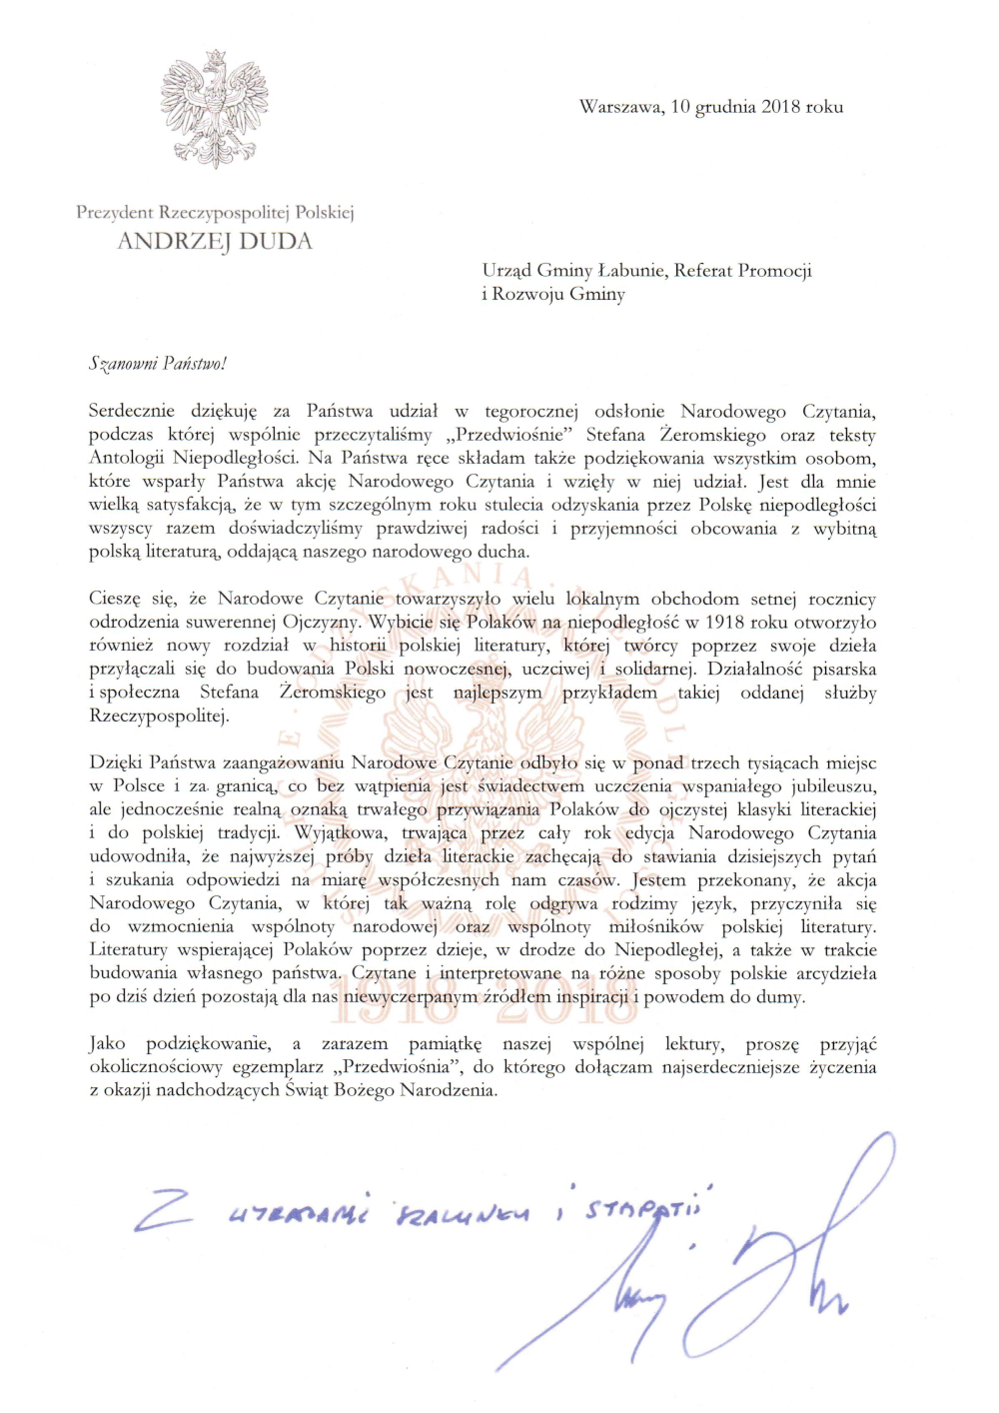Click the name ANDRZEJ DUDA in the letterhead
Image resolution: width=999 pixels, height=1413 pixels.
pos(215,241)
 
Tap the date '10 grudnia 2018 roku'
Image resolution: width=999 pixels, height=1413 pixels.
pos(756,107)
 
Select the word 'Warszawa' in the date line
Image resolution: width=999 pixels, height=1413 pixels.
pos(620,107)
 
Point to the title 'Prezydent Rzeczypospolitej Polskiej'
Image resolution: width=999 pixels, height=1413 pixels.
pos(215,212)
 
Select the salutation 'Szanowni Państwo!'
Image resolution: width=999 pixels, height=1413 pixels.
pos(158,364)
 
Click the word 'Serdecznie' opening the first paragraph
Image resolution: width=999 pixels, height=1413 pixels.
pos(131,411)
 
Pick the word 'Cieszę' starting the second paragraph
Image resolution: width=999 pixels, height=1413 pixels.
pos(117,600)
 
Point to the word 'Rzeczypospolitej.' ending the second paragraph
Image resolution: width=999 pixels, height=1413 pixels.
pos(159,715)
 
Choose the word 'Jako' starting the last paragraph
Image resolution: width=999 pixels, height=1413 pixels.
pos(107,1043)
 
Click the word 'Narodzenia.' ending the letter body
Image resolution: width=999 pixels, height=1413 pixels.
pos(449,1090)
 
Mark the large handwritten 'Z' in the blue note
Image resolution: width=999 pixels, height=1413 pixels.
pos(164,1210)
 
